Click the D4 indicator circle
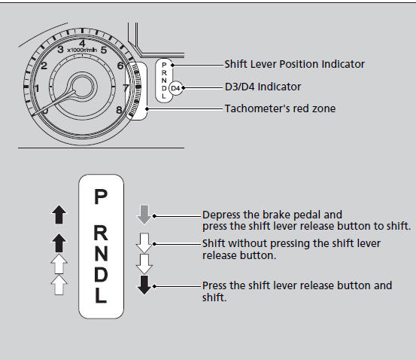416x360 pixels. coord(175,88)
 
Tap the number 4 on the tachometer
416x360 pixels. coord(82,43)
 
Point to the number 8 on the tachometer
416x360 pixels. coord(119,110)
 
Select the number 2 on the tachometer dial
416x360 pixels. coord(44,66)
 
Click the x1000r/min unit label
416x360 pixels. coord(82,50)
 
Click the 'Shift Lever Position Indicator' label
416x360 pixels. coord(294,64)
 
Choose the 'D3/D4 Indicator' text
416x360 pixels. coord(263,87)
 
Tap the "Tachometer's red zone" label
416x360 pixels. coord(280,108)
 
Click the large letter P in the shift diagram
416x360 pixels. coord(101,197)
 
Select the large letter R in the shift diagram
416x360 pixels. coord(101,233)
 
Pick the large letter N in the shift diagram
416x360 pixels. coord(101,253)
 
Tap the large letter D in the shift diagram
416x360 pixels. coord(101,274)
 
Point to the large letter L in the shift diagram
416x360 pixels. coord(101,295)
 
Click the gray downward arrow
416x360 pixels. coord(144,214)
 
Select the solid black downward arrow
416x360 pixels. coord(144,285)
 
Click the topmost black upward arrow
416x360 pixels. coord(59,215)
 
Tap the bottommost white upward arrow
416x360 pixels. coord(59,285)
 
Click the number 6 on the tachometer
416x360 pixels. coord(120,66)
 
